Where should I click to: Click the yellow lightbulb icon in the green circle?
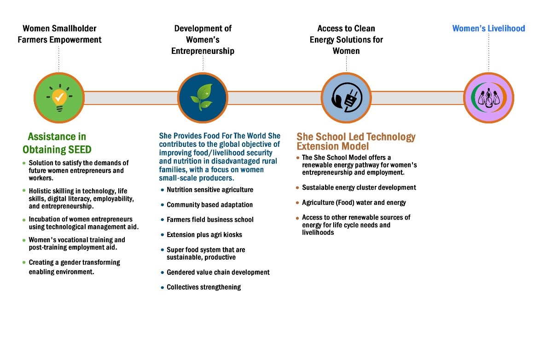tap(59, 98)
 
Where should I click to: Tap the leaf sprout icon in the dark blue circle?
tap(203, 98)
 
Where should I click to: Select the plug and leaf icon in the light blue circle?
tap(346, 98)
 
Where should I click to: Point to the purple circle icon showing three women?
tap(488, 98)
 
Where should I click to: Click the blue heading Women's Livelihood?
tap(488, 29)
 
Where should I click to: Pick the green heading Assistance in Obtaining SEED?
tap(57, 143)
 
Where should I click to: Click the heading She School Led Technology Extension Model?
tap(356, 141)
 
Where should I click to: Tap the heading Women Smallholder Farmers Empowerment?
tap(59, 34)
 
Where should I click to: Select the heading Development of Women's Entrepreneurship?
tap(203, 40)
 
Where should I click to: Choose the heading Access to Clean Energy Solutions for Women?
tap(346, 40)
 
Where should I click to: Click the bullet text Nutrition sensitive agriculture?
tap(210, 190)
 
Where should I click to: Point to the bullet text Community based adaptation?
tap(209, 204)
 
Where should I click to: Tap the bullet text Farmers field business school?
tap(210, 220)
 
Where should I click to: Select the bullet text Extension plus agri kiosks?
tap(204, 235)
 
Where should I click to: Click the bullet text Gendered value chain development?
tap(218, 273)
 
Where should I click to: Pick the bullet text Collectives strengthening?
tap(203, 287)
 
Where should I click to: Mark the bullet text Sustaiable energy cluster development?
tap(359, 187)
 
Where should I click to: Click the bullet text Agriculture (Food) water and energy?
tap(354, 203)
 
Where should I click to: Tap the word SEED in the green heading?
tap(77, 150)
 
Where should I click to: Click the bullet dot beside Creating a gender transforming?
tap(24, 262)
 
